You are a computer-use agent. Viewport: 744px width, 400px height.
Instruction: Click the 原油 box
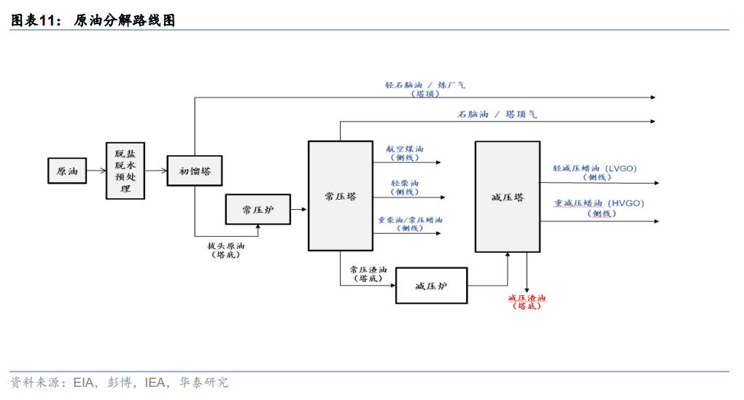[x=67, y=171]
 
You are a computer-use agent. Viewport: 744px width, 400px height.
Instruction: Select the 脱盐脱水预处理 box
[x=125, y=171]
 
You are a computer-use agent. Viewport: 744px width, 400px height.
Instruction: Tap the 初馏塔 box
[x=195, y=171]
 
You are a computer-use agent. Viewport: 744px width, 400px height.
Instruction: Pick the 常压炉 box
[x=257, y=209]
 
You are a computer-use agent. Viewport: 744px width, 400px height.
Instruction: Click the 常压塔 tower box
[x=341, y=196]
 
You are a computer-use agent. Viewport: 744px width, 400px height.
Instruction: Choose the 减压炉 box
[x=430, y=286]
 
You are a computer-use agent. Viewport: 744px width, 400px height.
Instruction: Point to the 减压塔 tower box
[x=508, y=197]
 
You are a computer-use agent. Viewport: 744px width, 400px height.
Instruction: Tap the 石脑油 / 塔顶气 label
[x=497, y=114]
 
